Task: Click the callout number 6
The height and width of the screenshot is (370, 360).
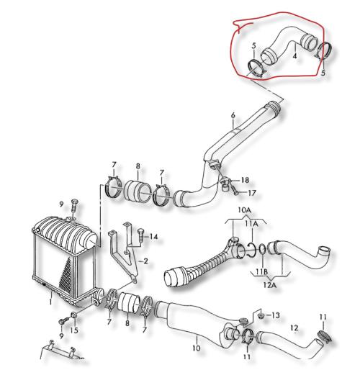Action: pos(233,115)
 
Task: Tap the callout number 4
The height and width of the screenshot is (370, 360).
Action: pos(294,55)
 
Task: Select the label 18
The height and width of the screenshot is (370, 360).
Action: pos(245,180)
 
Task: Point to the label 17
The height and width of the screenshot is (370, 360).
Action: pos(252,193)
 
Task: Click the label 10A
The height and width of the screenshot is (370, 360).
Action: pos(245,210)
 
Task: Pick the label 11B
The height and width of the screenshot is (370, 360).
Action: pos(261,272)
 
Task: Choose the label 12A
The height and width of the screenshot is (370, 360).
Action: pos(270,285)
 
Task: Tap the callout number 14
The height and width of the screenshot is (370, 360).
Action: pos(153,237)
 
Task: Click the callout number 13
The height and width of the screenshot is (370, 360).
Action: pos(276,315)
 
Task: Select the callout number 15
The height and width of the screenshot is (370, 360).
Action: pos(74,330)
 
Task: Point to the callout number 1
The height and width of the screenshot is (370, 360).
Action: pos(50,302)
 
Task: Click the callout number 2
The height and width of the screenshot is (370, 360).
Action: pos(145,261)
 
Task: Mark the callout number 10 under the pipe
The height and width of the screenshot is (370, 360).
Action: pos(197,348)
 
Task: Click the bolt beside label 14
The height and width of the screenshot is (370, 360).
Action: pos(140,235)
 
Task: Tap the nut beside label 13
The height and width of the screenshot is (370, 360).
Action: pos(261,316)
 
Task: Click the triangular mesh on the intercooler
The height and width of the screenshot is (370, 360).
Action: pos(66,274)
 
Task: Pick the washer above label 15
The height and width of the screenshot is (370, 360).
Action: pos(74,315)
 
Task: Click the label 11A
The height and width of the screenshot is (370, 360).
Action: pos(251,224)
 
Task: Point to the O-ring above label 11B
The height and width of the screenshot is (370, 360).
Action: pos(262,249)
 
